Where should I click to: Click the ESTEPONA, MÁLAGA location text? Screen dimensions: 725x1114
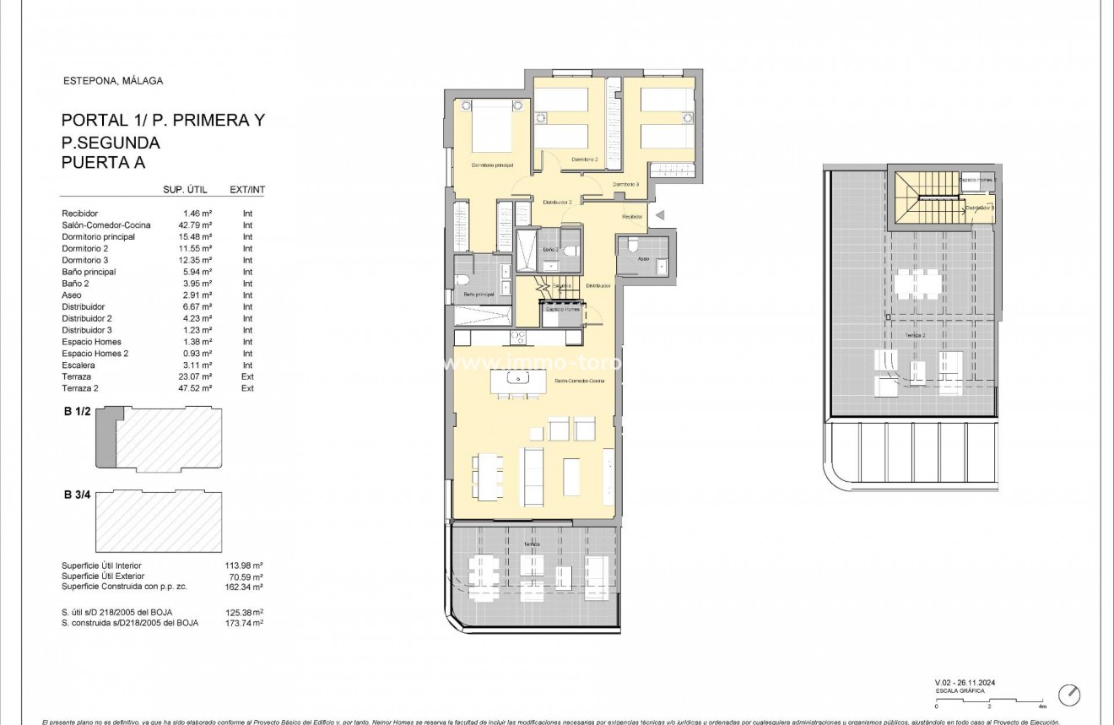[x=113, y=81]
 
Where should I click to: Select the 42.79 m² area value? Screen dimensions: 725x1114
[x=197, y=225]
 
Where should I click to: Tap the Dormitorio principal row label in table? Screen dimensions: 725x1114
[x=98, y=237]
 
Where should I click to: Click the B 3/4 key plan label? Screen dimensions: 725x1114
[x=77, y=495]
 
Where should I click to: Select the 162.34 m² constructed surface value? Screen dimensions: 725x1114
[x=246, y=587]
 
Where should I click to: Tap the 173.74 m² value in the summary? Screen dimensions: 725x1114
[x=246, y=622]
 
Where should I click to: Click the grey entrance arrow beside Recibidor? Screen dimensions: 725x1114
[x=660, y=216]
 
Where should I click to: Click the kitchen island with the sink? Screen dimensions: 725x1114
[x=516, y=381]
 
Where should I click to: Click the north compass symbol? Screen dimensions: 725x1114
[x=1070, y=695]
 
